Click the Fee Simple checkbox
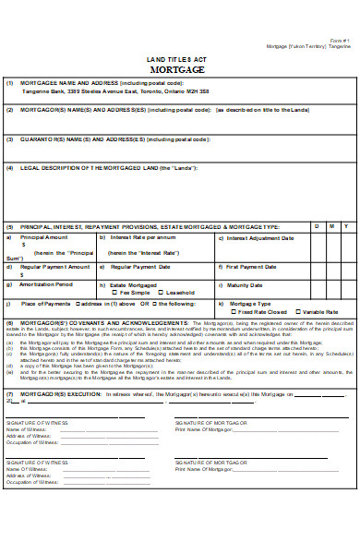[x=114, y=293]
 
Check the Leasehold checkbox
[x=159, y=293]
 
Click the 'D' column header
[x=314, y=225]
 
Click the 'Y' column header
[x=345, y=225]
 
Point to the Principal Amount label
[x=42, y=237]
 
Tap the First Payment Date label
[x=253, y=267]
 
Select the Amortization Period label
[x=45, y=284]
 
